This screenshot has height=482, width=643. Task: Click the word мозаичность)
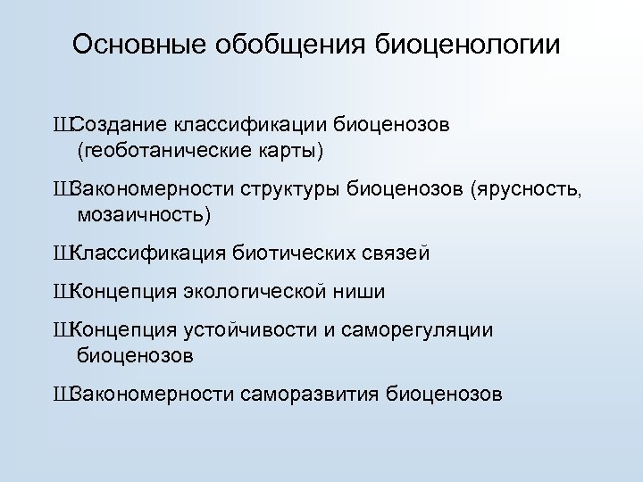coord(145,214)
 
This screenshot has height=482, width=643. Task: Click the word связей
coord(397,253)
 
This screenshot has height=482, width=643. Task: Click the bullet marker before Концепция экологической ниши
coord(62,292)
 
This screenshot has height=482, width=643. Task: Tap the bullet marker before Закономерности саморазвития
coord(62,394)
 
